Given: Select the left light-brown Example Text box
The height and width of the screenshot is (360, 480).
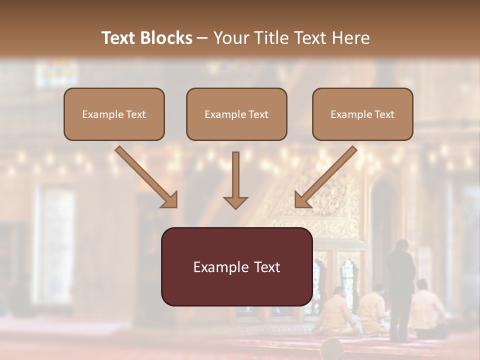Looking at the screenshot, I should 114,114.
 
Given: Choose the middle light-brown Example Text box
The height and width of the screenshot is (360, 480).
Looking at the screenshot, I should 236,114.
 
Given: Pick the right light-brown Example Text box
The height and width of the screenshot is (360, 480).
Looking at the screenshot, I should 362,114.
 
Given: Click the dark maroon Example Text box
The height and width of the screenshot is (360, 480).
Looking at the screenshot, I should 236,266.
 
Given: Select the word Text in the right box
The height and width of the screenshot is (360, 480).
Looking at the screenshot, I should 384,114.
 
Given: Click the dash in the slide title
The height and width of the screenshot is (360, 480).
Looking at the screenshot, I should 202,38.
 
